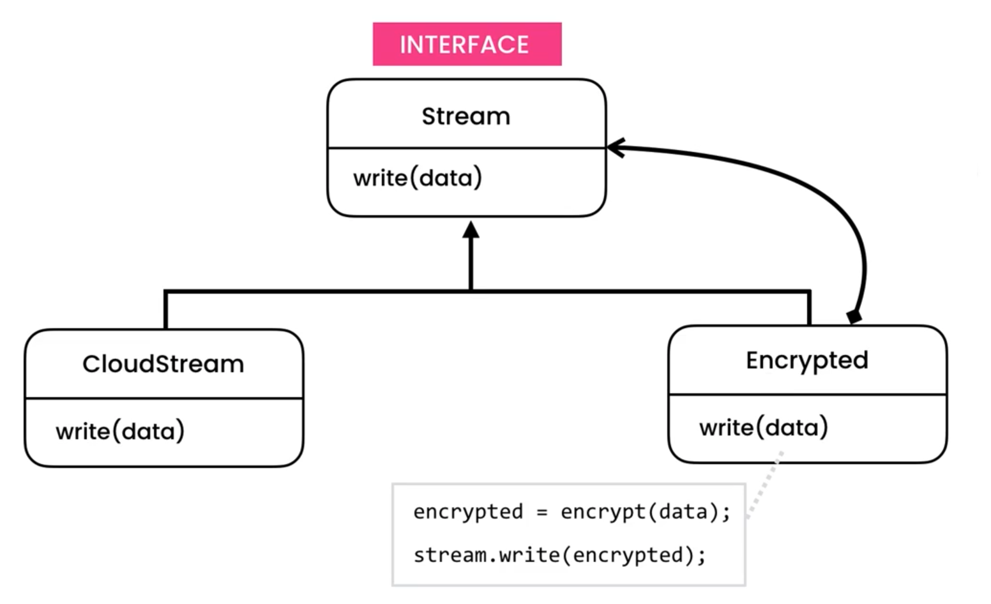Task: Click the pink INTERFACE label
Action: coord(467,44)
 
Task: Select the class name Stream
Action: coord(466,116)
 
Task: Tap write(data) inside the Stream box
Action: coord(418,177)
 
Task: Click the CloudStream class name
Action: coord(163,364)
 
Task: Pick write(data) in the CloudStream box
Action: coord(120,431)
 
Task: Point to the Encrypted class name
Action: coord(806,360)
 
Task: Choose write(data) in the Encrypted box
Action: coord(763,427)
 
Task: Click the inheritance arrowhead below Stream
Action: coord(471,230)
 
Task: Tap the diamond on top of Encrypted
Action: coord(854,317)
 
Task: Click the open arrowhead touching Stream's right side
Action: coord(615,147)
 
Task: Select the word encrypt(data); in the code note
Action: coord(645,512)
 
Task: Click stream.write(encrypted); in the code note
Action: coord(559,555)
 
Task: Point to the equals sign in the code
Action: coord(541,512)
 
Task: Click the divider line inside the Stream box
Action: coord(466,148)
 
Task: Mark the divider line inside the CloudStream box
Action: coord(163,398)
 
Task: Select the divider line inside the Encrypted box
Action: coord(807,394)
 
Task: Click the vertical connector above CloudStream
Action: coord(166,310)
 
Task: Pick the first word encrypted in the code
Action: coord(467,512)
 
